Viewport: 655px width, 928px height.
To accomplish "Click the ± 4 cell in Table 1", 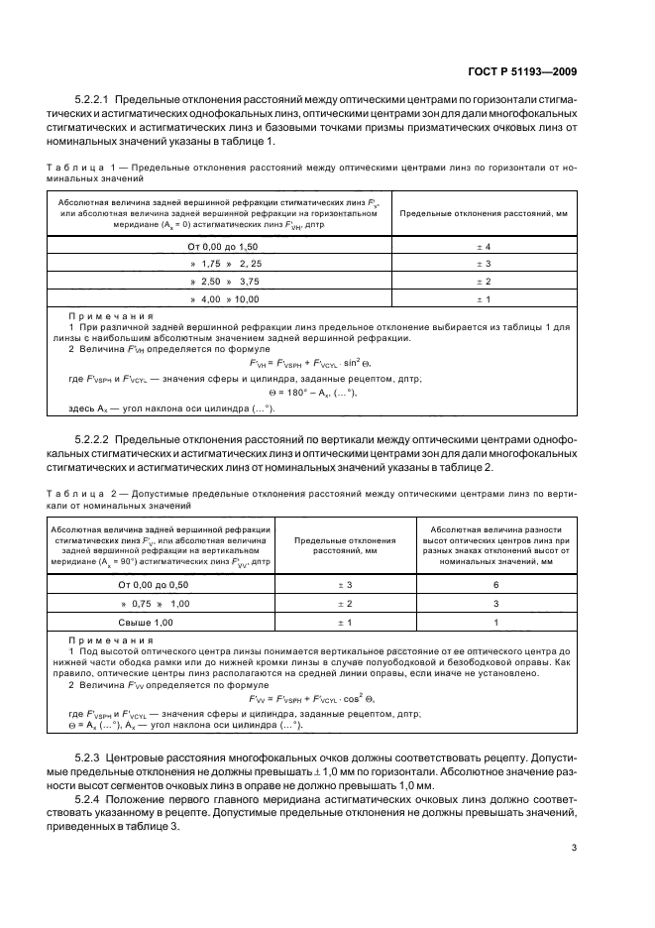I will [485, 245].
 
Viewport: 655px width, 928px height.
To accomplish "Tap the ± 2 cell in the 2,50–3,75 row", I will [485, 281].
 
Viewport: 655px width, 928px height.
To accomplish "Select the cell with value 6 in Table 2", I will [495, 585].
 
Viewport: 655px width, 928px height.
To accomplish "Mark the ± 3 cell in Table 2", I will [346, 585].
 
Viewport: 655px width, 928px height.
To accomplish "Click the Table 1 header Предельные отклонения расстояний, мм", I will [484, 213].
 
